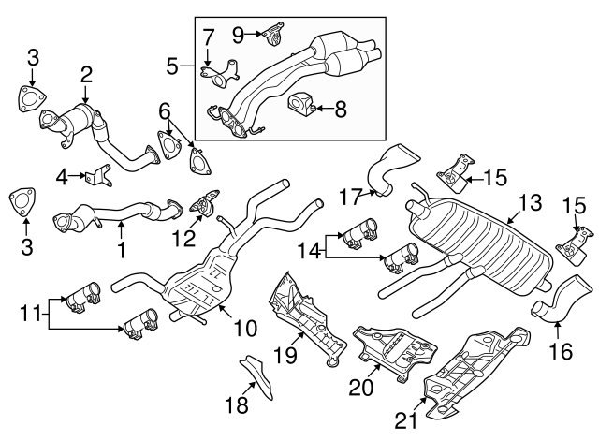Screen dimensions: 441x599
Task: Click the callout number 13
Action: click(530, 202)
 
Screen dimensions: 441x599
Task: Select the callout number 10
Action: click(244, 329)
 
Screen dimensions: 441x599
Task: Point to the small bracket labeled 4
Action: click(100, 175)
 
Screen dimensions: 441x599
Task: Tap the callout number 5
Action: click(172, 66)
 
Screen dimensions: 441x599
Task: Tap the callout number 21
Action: click(405, 421)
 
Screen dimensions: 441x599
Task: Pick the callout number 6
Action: click(164, 110)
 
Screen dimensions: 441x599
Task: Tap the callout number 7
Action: click(208, 37)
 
